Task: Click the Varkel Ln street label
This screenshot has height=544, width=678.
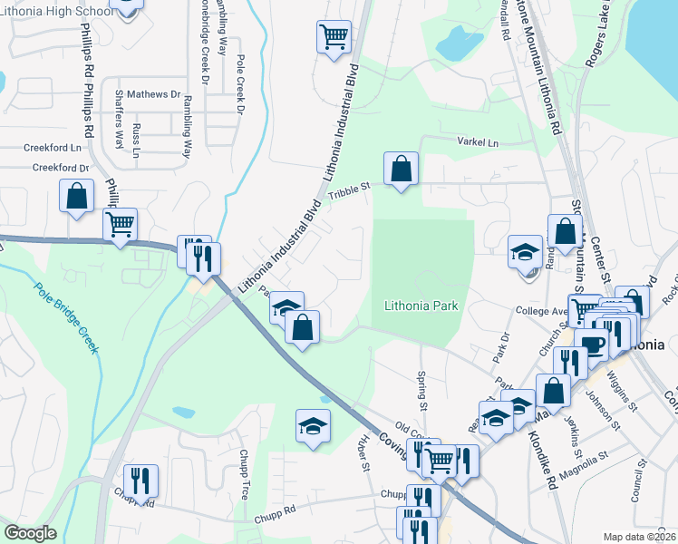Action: [x=478, y=143]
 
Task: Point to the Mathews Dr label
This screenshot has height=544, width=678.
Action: [x=153, y=94]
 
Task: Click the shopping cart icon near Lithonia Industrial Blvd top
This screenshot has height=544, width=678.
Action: [x=334, y=37]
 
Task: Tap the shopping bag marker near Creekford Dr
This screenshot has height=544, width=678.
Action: [x=76, y=195]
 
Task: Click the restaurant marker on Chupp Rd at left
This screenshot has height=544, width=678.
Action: [x=140, y=481]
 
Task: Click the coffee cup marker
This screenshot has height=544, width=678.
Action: [x=592, y=345]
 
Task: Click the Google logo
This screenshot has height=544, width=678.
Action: [x=31, y=533]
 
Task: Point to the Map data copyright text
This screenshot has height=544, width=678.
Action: [x=639, y=537]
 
